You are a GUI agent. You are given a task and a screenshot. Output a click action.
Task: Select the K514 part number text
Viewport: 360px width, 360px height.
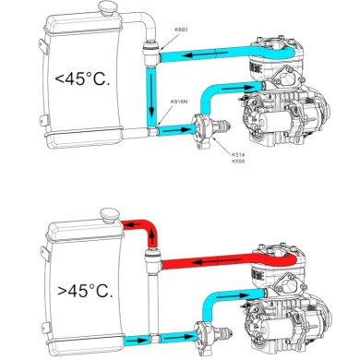tap(238, 154)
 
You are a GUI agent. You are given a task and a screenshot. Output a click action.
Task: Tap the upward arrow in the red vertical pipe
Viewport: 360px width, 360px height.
tap(151, 242)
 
